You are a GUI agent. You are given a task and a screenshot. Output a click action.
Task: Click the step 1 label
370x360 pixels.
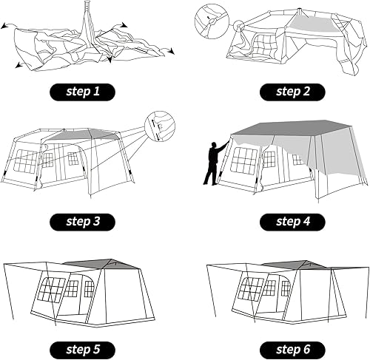pyautogui.click(x=84, y=92)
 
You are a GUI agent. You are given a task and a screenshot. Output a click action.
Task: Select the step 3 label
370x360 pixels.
pyautogui.click(x=84, y=222)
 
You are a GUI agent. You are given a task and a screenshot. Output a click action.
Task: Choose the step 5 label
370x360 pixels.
pyautogui.click(x=84, y=347)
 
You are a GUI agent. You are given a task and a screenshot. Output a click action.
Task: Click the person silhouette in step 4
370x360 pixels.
pyautogui.click(x=214, y=163)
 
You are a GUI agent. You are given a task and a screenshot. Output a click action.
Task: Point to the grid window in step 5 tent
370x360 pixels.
pyautogui.click(x=51, y=291)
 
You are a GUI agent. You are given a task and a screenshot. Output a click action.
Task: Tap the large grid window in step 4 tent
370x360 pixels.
pyautogui.click(x=244, y=160)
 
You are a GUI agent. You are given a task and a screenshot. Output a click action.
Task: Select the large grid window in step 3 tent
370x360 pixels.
pyautogui.click(x=27, y=160)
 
